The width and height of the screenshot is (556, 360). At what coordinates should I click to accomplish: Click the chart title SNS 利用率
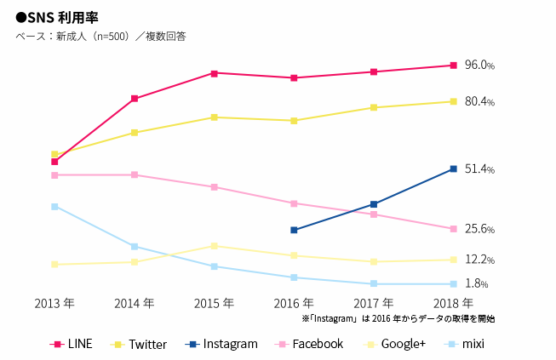tap(53, 17)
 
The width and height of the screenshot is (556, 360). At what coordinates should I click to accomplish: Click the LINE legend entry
tap(72, 344)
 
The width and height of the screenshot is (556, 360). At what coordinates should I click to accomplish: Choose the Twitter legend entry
tap(140, 344)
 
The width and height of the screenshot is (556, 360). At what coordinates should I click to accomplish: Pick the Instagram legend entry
tap(221, 344)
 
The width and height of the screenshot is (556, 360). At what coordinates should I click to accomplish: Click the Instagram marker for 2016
tap(294, 230)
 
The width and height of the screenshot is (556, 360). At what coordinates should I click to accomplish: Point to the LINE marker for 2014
tap(135, 99)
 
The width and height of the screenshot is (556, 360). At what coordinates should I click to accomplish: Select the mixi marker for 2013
tap(54, 207)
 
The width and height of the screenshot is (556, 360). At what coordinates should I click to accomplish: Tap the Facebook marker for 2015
tap(214, 187)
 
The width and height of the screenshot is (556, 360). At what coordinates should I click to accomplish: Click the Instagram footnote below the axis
tap(398, 318)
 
